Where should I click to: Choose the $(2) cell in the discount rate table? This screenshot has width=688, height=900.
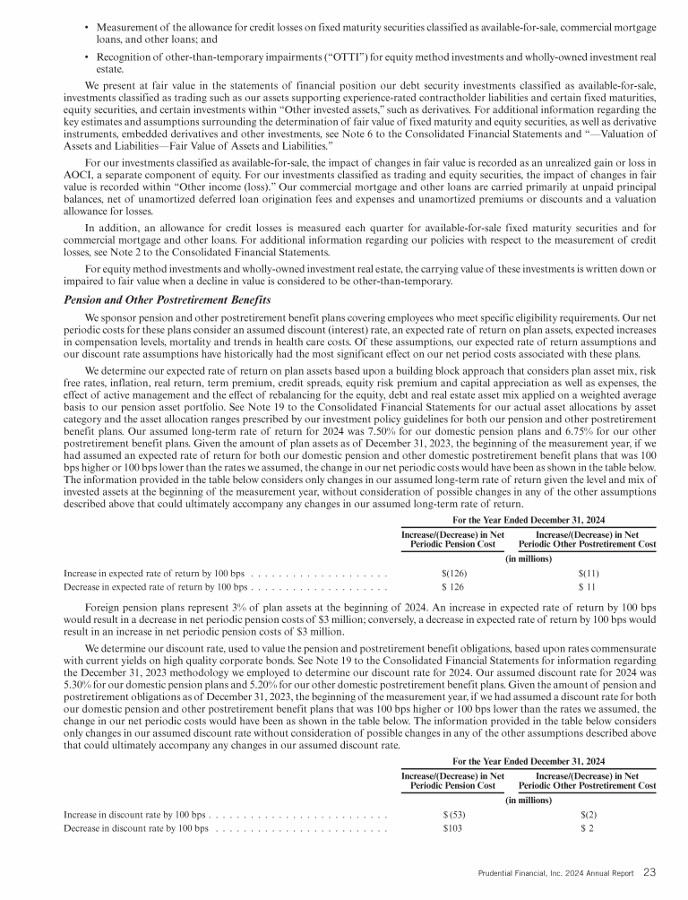588,814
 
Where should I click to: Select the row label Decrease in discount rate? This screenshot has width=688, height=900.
135,827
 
